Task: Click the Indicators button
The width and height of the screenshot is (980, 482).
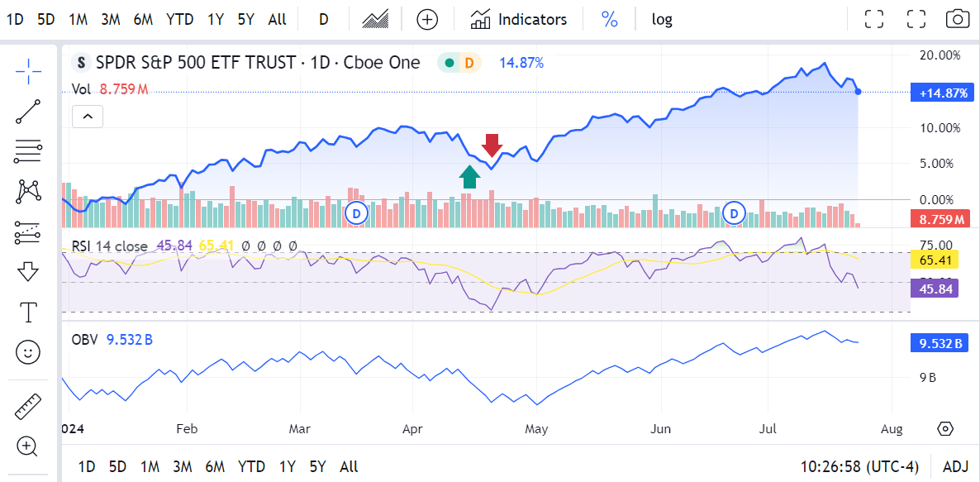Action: coord(519,19)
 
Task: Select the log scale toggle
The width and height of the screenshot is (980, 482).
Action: coord(662,19)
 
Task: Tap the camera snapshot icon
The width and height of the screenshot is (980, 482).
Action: coord(958,19)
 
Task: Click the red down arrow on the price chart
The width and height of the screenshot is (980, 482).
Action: coord(492,145)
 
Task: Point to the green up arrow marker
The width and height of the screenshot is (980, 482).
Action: coord(470,176)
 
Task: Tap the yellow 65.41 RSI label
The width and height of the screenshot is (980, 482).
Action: coord(937,260)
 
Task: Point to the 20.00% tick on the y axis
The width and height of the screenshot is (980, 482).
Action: coord(940,55)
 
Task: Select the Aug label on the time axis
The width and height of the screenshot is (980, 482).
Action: coord(892,429)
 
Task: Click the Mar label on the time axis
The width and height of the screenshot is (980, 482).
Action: coord(299,429)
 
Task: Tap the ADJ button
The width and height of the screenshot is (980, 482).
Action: coord(954,467)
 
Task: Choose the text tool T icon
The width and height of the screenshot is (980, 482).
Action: coord(28,312)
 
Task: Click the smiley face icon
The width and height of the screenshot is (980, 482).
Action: coord(28,352)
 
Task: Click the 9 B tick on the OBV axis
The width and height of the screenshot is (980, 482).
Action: coord(927,378)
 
